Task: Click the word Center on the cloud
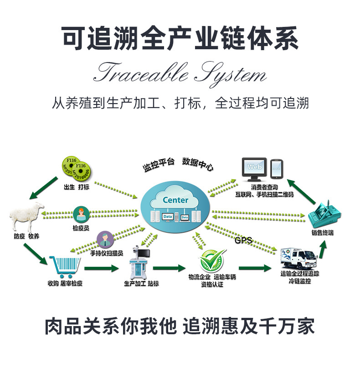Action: (175, 200)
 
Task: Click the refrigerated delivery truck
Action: (298, 258)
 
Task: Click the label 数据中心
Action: (197, 163)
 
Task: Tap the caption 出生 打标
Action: (77, 187)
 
